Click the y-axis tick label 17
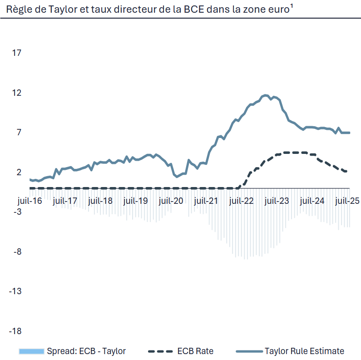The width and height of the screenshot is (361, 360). (17, 53)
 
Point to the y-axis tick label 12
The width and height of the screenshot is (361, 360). (17, 93)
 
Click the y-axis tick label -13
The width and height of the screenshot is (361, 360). (15, 291)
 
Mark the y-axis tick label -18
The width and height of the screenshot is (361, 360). (15, 331)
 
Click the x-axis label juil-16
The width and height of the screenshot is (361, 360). (30, 200)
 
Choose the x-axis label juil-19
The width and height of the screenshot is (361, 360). (136, 200)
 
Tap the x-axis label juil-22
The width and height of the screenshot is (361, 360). (242, 200)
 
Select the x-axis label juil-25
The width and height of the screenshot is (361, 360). (347, 200)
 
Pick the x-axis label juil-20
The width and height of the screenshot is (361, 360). (171, 200)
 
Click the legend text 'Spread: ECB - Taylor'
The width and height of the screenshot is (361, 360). (86, 351)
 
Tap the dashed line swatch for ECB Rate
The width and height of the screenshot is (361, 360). (161, 351)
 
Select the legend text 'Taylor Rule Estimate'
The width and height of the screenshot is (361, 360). (304, 351)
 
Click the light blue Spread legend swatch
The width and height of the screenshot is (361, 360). (31, 351)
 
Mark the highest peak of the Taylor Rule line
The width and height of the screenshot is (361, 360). (266, 95)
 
